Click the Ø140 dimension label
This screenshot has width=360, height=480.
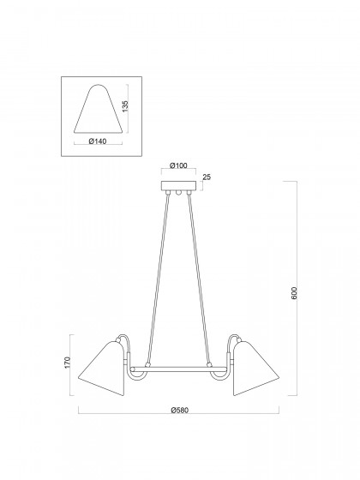(98, 141)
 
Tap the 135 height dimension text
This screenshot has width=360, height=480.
(125, 106)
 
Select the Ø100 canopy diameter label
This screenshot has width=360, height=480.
(178, 165)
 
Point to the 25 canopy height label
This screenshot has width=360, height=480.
(207, 177)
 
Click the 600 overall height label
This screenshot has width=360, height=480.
(294, 293)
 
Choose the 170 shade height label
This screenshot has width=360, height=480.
(68, 363)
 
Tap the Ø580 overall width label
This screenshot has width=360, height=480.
(180, 411)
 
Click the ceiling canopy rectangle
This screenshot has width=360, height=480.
(179, 185)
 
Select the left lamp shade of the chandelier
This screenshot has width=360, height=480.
(102, 369)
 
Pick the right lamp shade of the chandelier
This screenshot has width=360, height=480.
(256, 369)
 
